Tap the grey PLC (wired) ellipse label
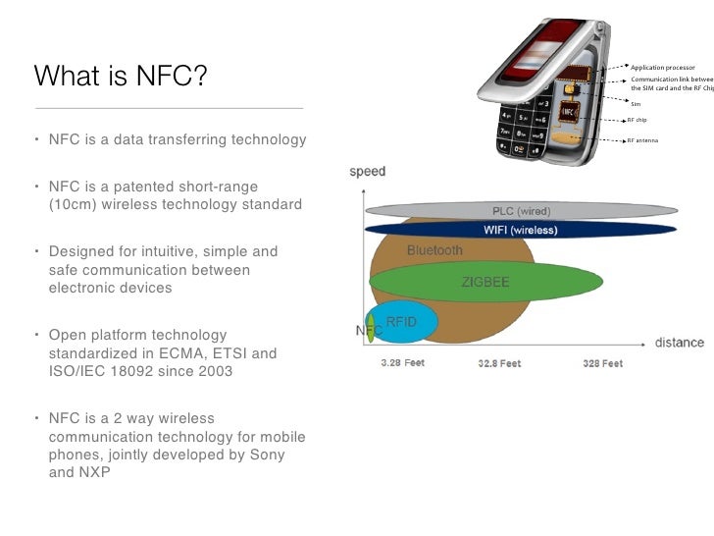pyautogui.click(x=521, y=211)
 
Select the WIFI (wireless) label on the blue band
pyautogui.click(x=520, y=231)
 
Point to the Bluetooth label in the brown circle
pyautogui.click(x=434, y=250)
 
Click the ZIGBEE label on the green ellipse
pyautogui.click(x=487, y=282)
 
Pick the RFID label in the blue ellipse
pyautogui.click(x=401, y=320)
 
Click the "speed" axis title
pyautogui.click(x=368, y=172)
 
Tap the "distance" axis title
pyautogui.click(x=679, y=343)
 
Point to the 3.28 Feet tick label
pyautogui.click(x=402, y=363)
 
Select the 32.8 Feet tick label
pyautogui.click(x=500, y=363)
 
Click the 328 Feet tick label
pyautogui.click(x=602, y=363)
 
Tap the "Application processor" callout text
pyautogui.click(x=662, y=67)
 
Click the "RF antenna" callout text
pyautogui.click(x=642, y=140)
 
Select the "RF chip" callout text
pyautogui.click(x=637, y=120)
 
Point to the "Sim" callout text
pyautogui.click(x=635, y=102)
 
